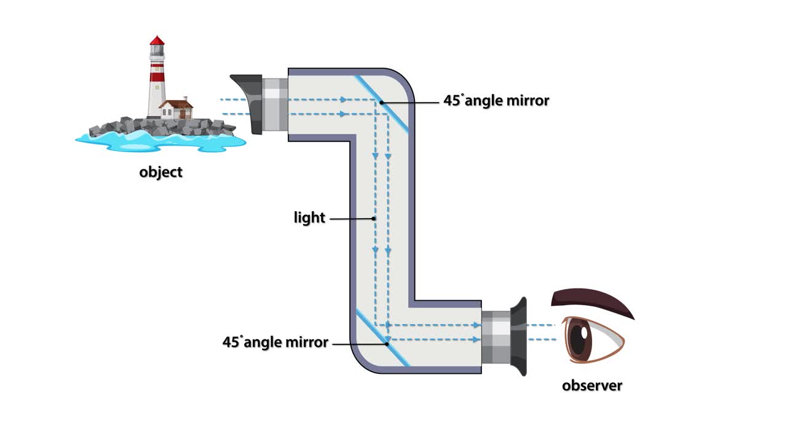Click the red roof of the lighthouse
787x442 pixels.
[x=157, y=41]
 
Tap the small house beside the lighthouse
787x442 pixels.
[x=176, y=110]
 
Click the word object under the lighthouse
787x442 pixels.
[x=160, y=172]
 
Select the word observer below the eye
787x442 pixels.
[x=591, y=386]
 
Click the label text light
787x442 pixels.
[x=309, y=218]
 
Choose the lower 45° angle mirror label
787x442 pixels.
[x=275, y=343]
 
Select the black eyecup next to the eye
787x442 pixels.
[x=519, y=336]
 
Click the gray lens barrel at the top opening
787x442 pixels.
[x=275, y=104]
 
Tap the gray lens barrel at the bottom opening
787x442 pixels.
[x=496, y=337]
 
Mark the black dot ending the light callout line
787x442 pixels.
[x=374, y=218]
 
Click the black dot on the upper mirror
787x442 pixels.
[x=382, y=102]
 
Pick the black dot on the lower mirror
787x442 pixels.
[x=387, y=344]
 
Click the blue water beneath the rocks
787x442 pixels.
[x=160, y=141]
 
